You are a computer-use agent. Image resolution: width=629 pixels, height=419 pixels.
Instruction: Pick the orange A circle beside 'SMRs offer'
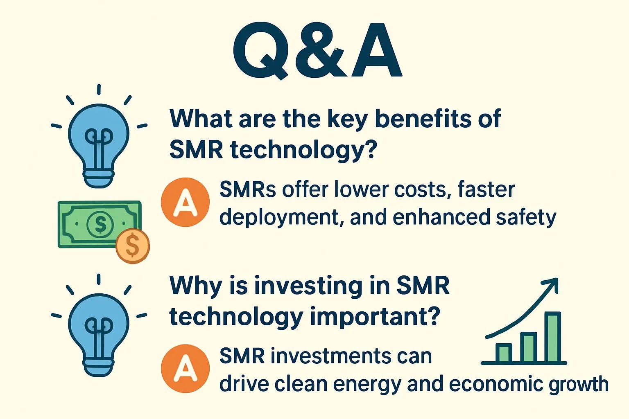(x=185, y=202)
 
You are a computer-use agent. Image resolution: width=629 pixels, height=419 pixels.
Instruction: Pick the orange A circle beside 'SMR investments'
(x=185, y=368)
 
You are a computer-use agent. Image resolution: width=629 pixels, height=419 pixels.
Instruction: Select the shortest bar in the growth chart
(x=503, y=353)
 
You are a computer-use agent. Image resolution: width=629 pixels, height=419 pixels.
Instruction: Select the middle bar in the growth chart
(x=528, y=347)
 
